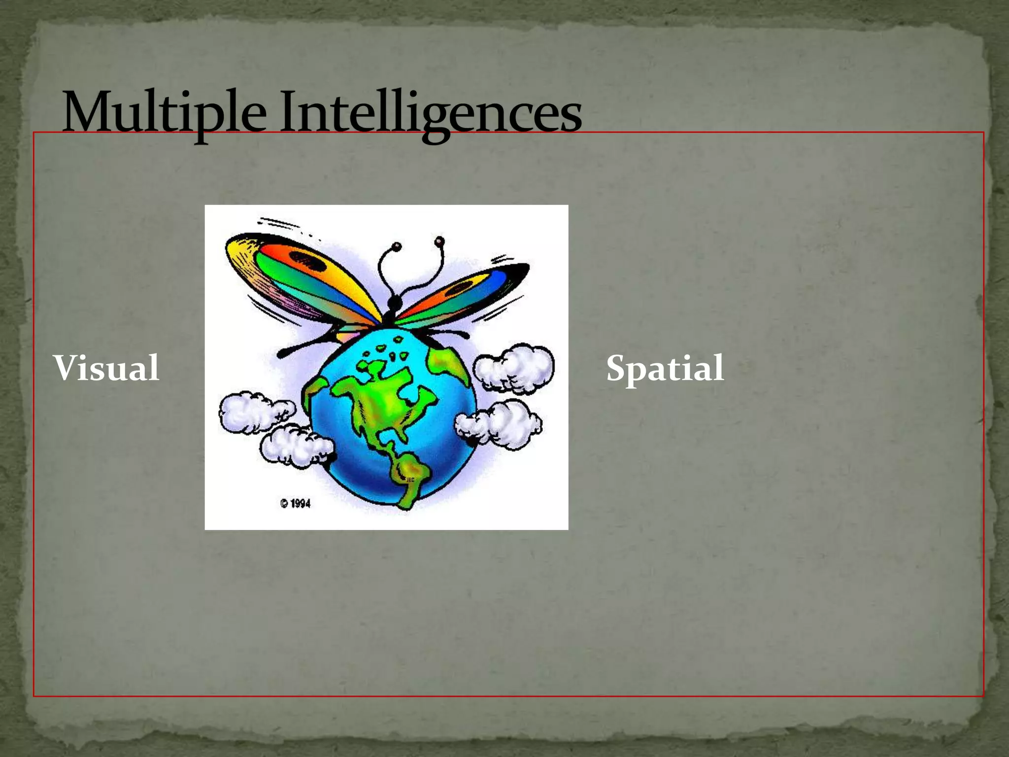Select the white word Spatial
pyautogui.click(x=665, y=369)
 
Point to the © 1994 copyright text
pyautogui.click(x=296, y=503)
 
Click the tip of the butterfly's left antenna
pyautogui.click(x=397, y=245)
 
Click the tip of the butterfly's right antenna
pyautogui.click(x=439, y=241)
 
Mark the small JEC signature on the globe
pyautogui.click(x=410, y=480)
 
